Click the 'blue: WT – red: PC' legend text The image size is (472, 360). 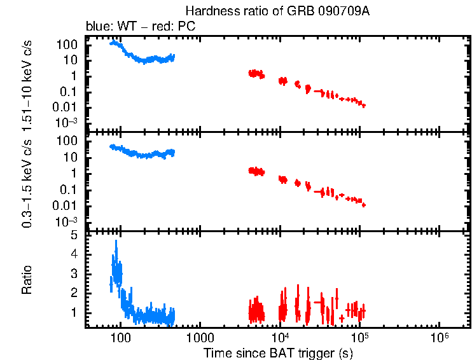tap(140, 27)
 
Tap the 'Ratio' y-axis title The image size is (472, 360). tap(27, 280)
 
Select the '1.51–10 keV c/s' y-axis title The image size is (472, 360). tap(27, 83)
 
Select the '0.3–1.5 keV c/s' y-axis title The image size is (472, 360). tap(27, 181)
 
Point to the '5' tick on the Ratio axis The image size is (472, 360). tap(74, 235)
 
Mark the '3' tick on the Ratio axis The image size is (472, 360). tap(74, 273)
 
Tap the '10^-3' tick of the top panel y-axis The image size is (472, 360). tap(68, 122)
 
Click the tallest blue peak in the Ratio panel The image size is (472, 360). tap(116, 242)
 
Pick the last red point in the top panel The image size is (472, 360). tap(363, 106)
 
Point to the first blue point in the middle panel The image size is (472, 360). tap(111, 146)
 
